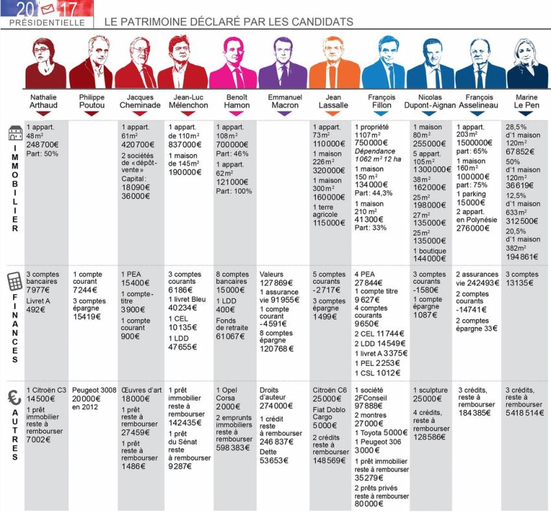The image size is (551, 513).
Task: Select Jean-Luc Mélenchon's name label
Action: pyautogui.click(x=188, y=102)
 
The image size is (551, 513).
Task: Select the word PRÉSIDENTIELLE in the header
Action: pyautogui.click(x=47, y=23)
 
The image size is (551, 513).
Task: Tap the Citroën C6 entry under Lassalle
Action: pyautogui.click(x=330, y=390)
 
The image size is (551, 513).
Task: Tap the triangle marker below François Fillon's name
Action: pyautogui.click(x=382, y=113)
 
